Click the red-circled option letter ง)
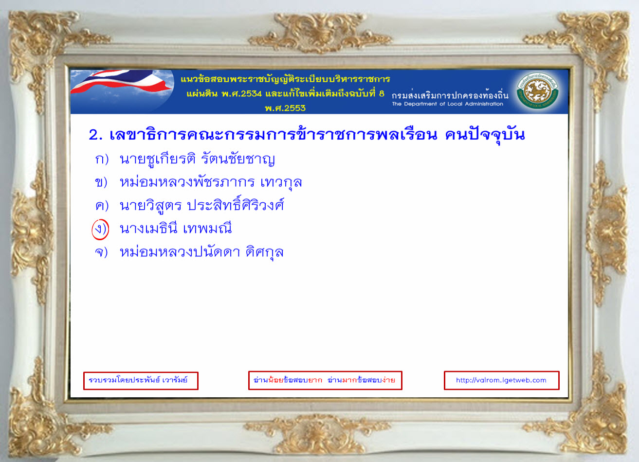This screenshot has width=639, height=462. [100, 230]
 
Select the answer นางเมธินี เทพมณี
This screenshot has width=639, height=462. [176, 228]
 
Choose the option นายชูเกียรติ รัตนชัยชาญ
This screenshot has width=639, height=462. [197, 160]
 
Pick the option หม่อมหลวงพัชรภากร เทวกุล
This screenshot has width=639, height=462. [211, 182]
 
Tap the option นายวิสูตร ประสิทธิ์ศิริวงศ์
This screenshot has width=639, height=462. [202, 204]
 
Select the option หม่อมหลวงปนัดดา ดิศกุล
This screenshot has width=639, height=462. [201, 252]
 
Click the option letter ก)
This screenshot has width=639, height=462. [102, 160]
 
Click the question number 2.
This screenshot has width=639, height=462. [95, 135]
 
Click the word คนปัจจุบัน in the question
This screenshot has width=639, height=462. [485, 135]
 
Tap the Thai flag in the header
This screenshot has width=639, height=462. [122, 83]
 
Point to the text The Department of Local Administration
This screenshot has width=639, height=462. [447, 104]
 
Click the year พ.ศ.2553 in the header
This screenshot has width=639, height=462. [285, 108]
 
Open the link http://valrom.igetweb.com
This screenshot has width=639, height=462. [501, 380]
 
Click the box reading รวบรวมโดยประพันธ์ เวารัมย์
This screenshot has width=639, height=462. [141, 380]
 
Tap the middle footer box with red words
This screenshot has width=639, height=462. [325, 380]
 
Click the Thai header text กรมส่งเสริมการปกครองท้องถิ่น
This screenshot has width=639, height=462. [450, 95]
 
